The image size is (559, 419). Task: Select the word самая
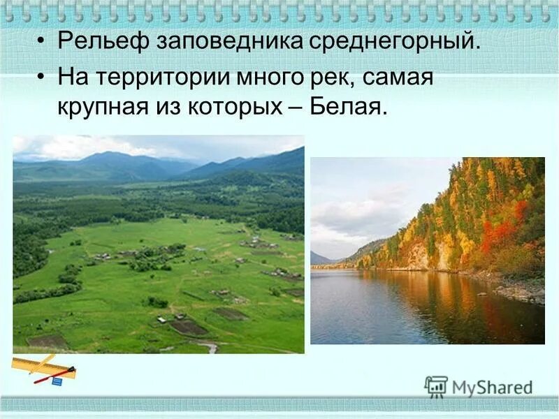point(400,78)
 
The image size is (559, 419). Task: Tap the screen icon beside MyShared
point(436,387)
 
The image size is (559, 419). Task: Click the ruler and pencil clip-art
point(43,368)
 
